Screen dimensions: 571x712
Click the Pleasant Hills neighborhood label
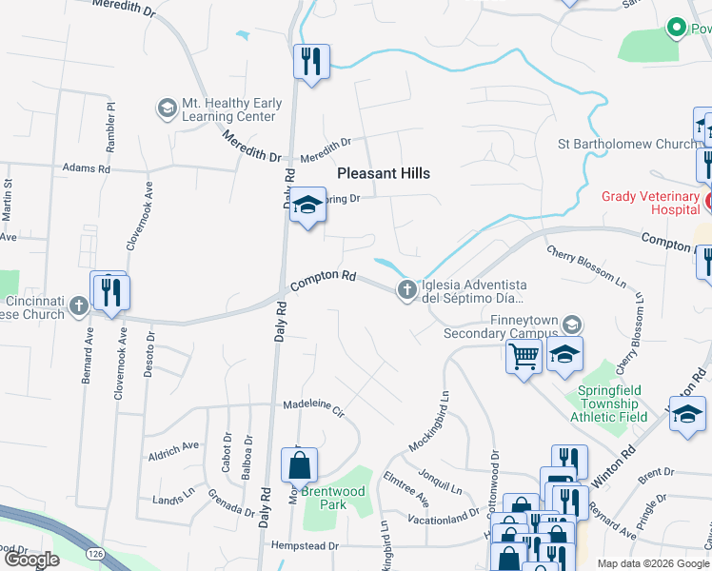click(384, 173)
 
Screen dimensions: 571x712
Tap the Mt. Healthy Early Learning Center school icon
click(168, 108)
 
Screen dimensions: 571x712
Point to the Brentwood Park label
click(333, 498)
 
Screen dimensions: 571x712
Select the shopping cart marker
click(523, 357)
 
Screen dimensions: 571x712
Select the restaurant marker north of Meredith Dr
click(311, 62)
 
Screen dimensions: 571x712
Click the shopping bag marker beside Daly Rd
click(299, 465)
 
